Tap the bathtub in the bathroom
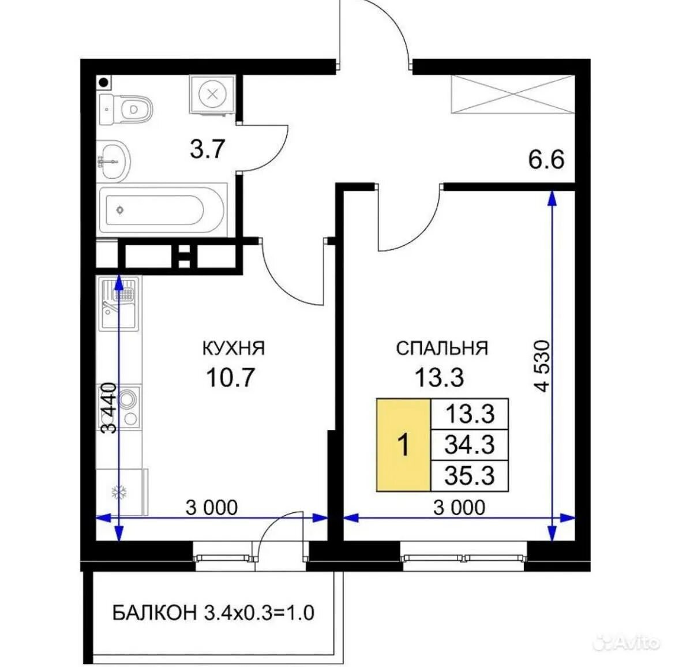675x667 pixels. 162,210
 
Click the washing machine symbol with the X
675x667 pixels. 212,94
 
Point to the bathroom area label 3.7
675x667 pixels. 208,149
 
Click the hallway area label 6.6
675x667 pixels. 546,160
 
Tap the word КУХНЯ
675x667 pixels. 233,348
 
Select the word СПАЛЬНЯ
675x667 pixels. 442,348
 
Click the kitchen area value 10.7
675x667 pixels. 231,377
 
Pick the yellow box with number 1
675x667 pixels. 403,445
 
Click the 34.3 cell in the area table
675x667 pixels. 470,445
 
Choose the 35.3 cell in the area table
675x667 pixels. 470,476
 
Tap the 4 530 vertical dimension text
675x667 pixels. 543,366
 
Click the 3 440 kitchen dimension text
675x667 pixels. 108,408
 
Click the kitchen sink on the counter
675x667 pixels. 119,303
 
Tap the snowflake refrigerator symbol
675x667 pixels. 119,492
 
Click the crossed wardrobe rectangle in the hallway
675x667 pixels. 513,94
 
